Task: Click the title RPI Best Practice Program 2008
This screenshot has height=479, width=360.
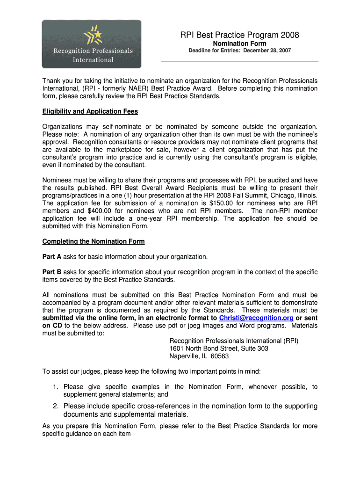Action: click(x=239, y=35)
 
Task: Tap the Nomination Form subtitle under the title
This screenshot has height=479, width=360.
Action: click(x=239, y=44)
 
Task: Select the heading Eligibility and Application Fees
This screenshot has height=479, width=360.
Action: click(x=90, y=111)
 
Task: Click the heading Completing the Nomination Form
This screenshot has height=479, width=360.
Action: click(x=94, y=241)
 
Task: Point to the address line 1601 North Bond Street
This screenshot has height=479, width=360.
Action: click(x=218, y=348)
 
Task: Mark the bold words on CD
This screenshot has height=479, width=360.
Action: click(x=52, y=326)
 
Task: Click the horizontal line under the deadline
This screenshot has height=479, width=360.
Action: click(x=239, y=61)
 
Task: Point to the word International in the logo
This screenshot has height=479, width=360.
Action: click(x=93, y=59)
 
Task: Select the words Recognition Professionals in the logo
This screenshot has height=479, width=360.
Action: click(x=93, y=51)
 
